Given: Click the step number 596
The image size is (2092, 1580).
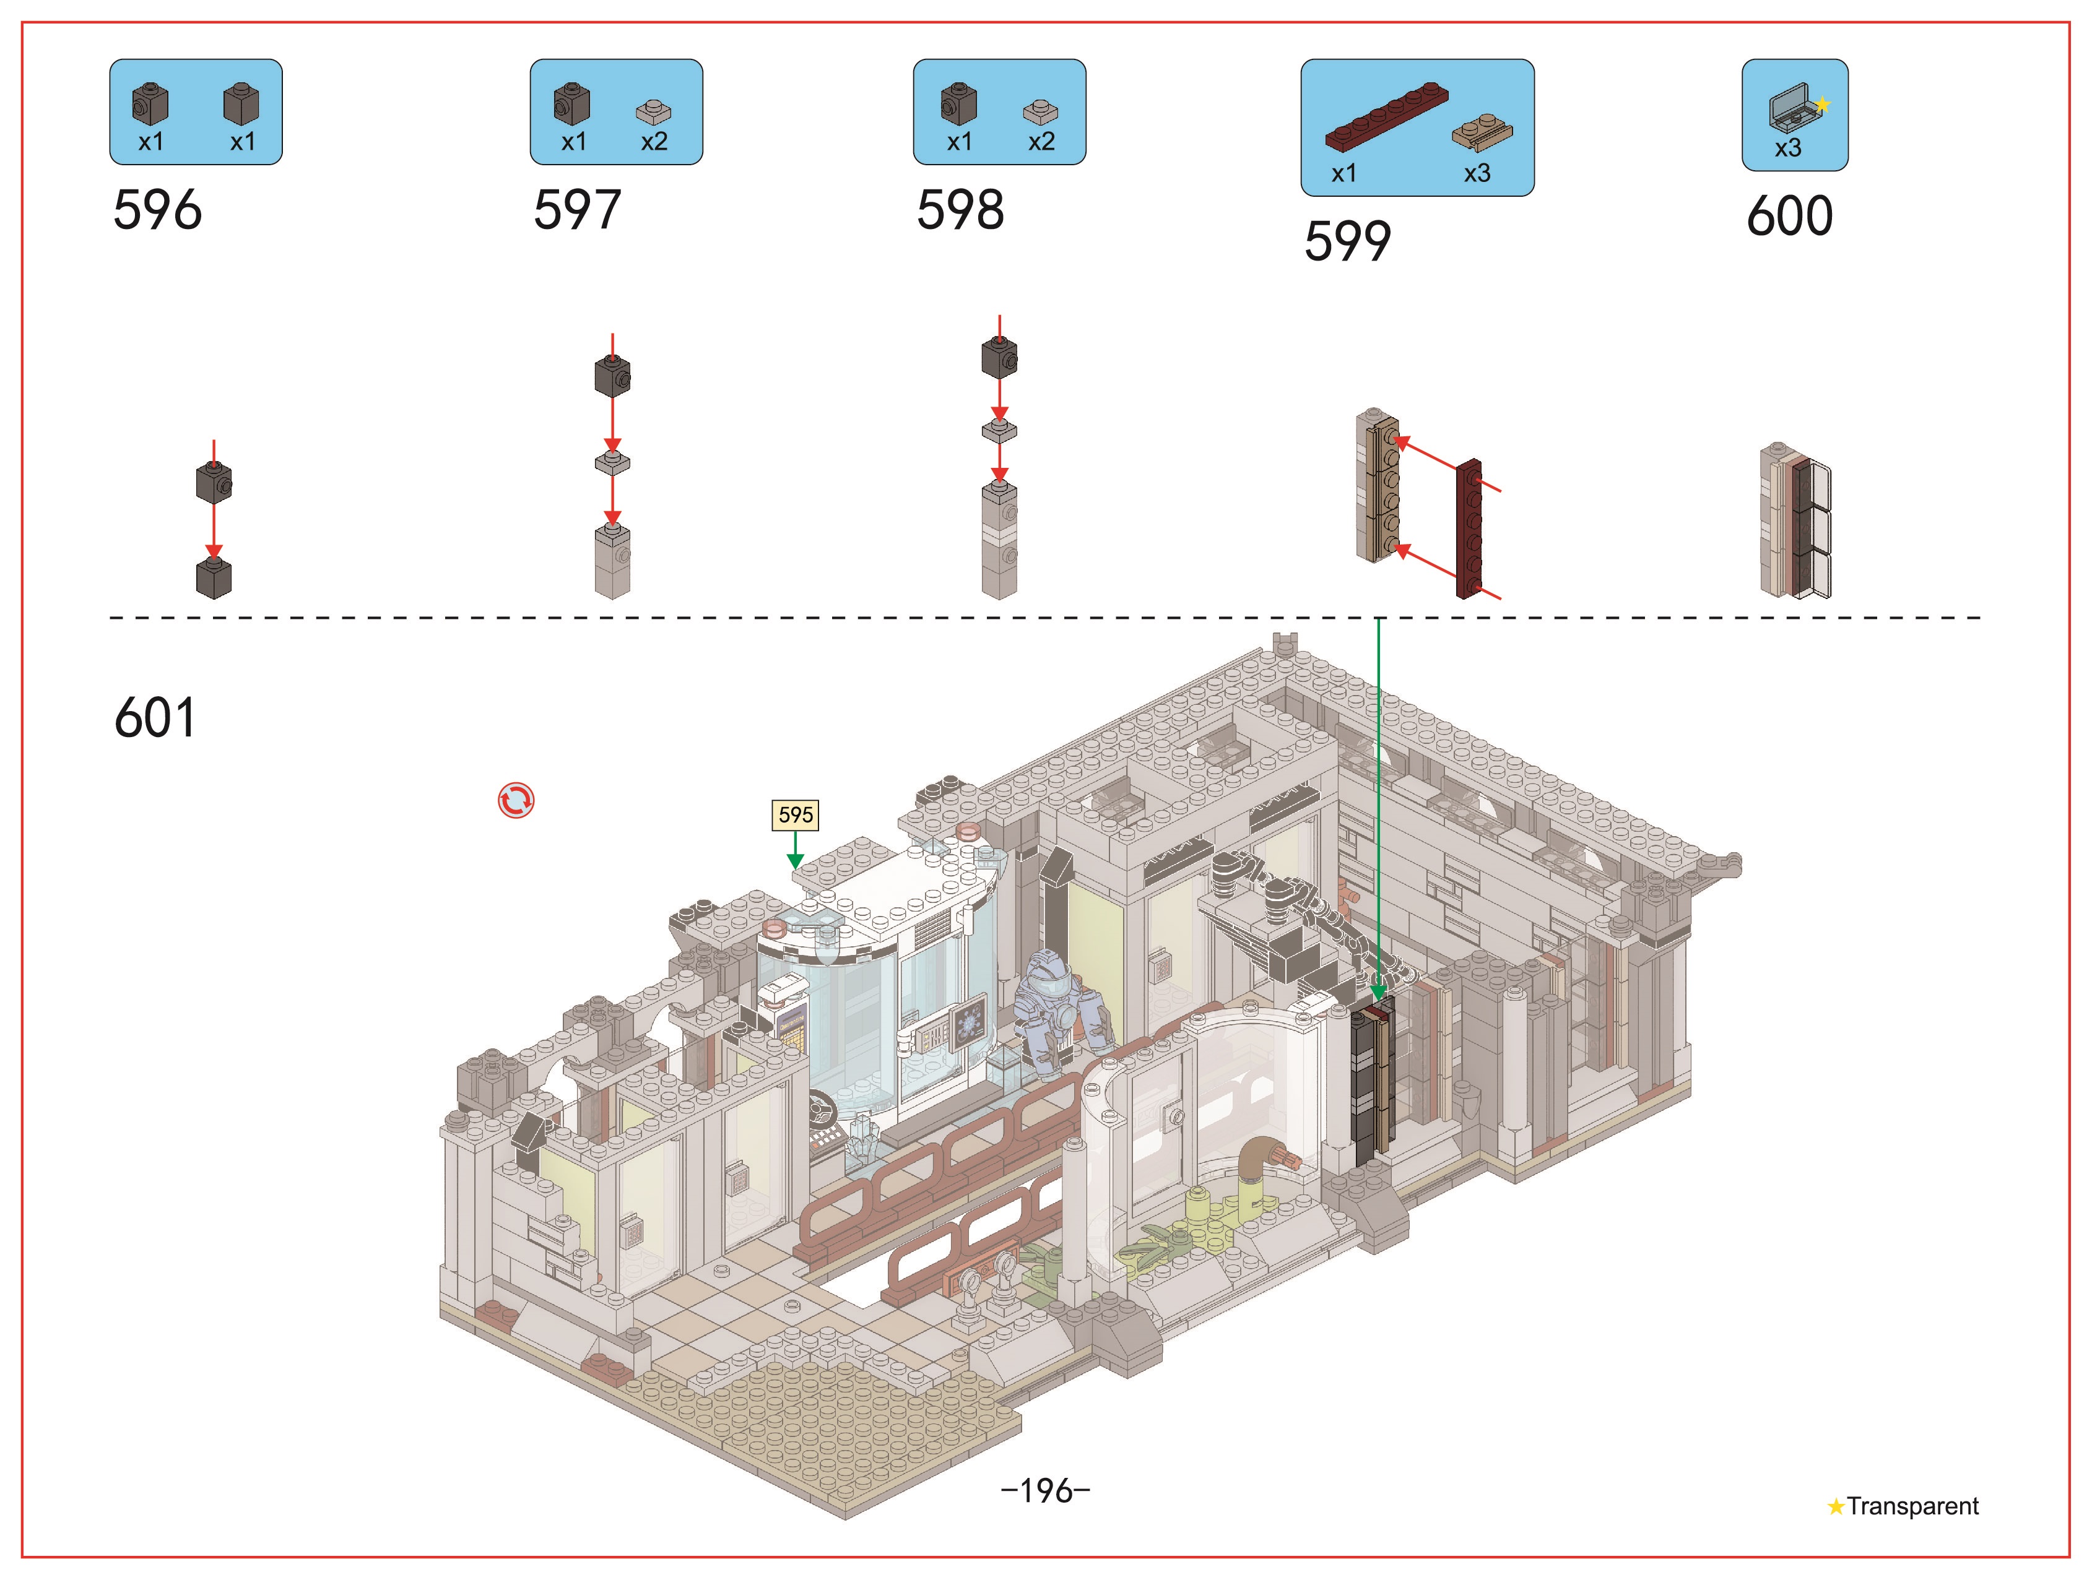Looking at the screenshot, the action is pos(157,209).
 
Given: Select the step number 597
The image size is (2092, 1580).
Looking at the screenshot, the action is pos(577,209).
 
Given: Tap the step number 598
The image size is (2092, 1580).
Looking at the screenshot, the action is pos(960,209).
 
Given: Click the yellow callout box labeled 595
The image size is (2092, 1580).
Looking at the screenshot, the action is pos(796,814).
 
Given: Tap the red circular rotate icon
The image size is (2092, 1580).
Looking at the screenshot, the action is pos(516,801).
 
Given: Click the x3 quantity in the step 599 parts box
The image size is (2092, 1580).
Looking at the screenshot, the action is pos(1477,173).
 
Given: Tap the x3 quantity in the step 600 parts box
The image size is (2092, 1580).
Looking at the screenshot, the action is pos(1787,147).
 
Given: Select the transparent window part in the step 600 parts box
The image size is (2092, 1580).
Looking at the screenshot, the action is pos(1793,108).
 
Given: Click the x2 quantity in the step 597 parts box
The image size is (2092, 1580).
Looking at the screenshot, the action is pos(654,141).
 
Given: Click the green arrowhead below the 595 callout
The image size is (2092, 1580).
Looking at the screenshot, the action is pos(796,861).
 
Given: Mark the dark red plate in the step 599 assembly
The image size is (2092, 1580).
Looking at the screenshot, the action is pos(1469,529).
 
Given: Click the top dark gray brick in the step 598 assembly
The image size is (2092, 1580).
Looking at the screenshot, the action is pos(1000,358).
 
